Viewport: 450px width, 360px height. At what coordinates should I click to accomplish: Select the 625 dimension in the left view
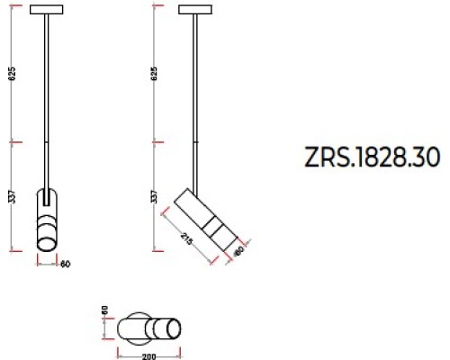[12, 75]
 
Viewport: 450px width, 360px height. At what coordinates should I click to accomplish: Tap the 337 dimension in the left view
[12, 196]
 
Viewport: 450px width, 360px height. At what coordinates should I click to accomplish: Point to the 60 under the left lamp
[65, 264]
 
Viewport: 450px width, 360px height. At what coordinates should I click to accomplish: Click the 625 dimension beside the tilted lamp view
[154, 75]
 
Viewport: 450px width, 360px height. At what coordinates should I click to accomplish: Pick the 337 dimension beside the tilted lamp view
[154, 196]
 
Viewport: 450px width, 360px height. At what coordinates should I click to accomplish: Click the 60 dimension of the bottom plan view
[105, 310]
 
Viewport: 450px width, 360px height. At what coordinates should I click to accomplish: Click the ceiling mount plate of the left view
[47, 10]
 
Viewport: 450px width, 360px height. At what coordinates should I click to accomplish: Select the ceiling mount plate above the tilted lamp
[195, 10]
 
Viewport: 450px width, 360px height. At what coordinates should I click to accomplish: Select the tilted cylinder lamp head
[209, 217]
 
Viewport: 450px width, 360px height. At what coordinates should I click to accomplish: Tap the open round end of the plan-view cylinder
[175, 329]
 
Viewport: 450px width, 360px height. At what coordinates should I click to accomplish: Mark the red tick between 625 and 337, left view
[12, 141]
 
